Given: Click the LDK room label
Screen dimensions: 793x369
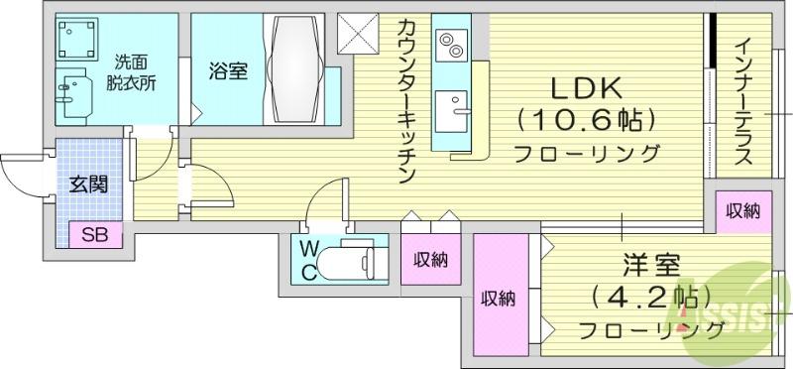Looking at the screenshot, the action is [x=585, y=89].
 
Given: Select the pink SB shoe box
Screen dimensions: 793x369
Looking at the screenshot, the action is [x=95, y=235].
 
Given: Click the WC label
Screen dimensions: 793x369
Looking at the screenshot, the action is [x=309, y=260].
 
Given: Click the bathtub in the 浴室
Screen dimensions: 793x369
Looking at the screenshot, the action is [x=294, y=68].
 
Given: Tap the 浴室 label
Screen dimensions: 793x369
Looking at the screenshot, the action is [x=229, y=71].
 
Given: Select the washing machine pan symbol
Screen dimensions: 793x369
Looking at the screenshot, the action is [x=77, y=39].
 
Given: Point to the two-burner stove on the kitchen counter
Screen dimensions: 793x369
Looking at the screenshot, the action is [x=451, y=45].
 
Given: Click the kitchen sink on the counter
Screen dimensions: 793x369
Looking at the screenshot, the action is [x=452, y=111].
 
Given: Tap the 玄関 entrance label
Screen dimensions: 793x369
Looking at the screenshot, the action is [x=88, y=185].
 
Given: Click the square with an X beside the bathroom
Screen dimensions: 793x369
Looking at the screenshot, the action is [x=358, y=34].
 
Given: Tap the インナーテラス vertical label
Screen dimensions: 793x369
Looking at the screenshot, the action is [x=743, y=102].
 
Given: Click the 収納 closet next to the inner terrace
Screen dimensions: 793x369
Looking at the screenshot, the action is [x=743, y=211].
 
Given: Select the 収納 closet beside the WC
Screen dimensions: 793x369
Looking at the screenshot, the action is [x=430, y=259].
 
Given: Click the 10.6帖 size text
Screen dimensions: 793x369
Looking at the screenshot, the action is [x=586, y=121].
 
